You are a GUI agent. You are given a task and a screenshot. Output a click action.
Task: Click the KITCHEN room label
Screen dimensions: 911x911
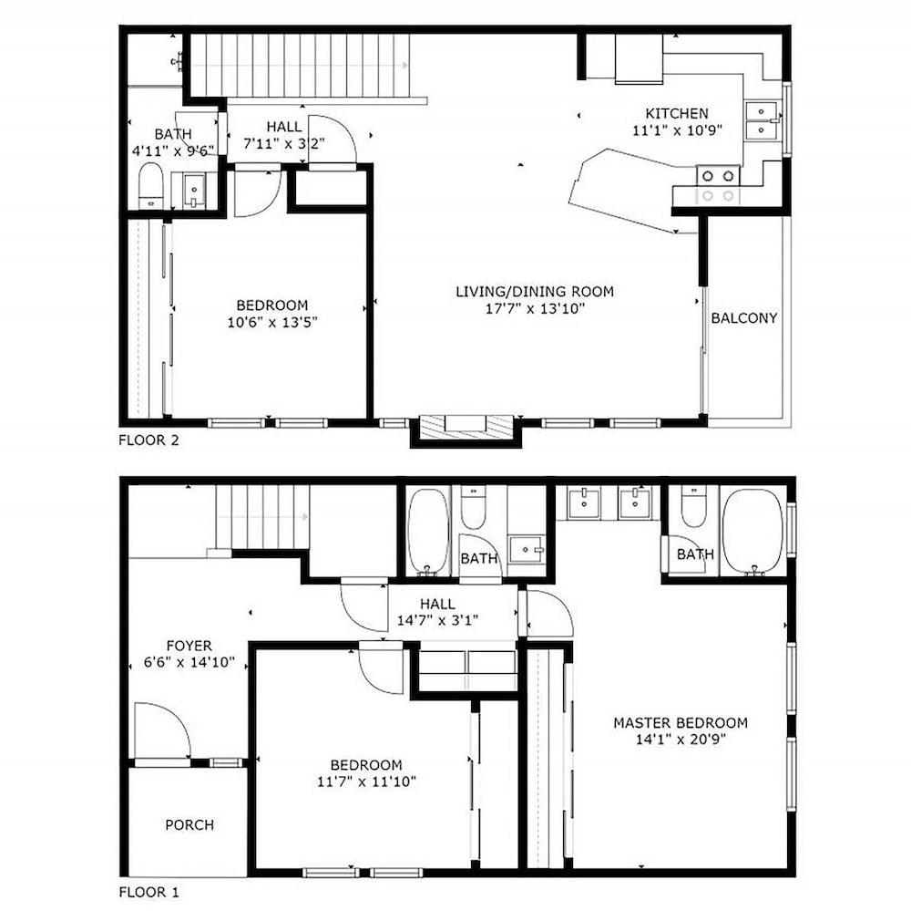(677, 113)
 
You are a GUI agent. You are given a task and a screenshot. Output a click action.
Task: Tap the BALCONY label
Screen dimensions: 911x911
(743, 318)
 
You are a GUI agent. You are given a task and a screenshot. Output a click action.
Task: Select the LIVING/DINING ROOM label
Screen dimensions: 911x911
(535, 292)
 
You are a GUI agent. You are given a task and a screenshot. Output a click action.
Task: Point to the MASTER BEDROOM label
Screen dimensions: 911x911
(681, 723)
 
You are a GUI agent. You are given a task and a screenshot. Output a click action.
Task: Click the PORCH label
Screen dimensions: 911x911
(189, 825)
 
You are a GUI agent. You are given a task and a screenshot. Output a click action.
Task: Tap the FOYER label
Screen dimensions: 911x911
(189, 646)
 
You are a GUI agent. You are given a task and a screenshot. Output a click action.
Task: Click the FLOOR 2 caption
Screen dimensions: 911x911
(148, 440)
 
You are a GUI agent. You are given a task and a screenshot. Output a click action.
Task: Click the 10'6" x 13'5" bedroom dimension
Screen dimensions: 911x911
(271, 322)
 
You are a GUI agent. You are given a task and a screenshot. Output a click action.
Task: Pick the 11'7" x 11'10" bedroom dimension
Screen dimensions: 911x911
(366, 782)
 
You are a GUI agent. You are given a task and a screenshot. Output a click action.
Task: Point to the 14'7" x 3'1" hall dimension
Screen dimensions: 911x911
(437, 621)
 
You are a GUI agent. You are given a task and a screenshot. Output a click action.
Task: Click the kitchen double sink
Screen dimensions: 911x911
(762, 119)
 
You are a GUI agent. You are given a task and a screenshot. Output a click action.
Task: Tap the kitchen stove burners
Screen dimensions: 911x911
(718, 185)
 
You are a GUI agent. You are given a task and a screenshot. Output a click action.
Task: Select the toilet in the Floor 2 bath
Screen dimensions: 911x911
(151, 186)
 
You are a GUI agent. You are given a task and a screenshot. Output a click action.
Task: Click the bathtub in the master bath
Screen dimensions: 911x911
(752, 533)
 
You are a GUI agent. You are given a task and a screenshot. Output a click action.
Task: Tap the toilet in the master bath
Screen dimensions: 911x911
(693, 507)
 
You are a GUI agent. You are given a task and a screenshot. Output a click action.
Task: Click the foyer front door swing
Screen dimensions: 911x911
(162, 731)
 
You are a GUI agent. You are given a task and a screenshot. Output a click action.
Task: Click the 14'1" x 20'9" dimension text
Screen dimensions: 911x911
(681, 740)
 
